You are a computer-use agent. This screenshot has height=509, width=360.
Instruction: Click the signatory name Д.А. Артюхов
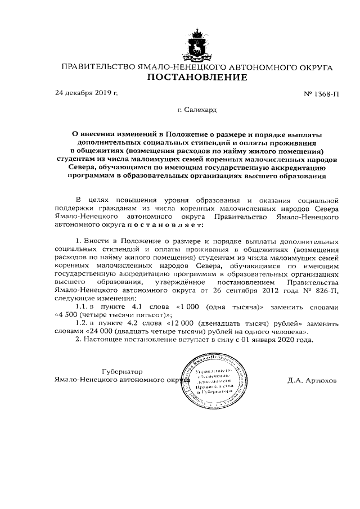coord(311,380)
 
